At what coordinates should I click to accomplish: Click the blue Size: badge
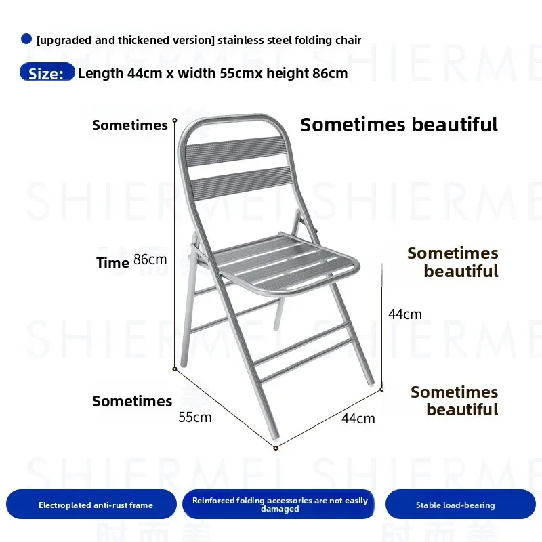[47, 72]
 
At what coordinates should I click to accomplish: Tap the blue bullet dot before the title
[26, 39]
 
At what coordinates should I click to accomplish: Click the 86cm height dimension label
[150, 259]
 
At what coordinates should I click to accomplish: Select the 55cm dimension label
[194, 417]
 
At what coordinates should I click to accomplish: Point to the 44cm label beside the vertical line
[404, 314]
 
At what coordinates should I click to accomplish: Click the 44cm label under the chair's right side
[358, 419]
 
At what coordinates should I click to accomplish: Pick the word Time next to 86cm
[112, 263]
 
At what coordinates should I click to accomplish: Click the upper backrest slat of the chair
[236, 151]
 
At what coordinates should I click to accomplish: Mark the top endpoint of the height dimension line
[175, 121]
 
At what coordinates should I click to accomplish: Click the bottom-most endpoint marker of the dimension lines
[276, 449]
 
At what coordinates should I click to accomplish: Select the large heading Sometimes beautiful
[399, 125]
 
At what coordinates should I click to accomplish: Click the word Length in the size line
[100, 73]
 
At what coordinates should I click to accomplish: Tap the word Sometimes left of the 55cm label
[132, 401]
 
